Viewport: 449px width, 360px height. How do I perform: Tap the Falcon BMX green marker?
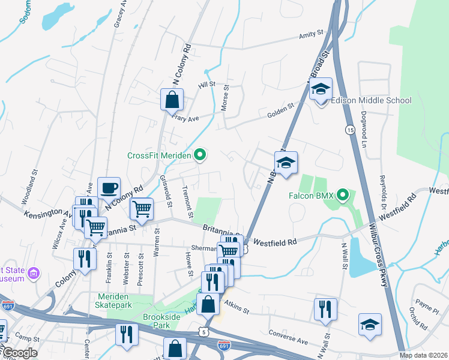(x=343, y=194)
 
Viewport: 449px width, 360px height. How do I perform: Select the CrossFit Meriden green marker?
(x=201, y=155)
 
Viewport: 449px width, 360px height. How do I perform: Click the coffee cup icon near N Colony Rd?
(x=109, y=188)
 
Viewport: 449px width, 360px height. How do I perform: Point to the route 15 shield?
(x=349, y=130)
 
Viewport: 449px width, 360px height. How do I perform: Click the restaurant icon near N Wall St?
(x=325, y=310)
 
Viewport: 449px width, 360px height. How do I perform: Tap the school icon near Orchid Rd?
(x=370, y=325)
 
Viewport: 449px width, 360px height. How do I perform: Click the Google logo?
(x=19, y=352)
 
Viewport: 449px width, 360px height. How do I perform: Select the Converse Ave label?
(x=289, y=337)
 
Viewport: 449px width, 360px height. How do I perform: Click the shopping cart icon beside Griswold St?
(x=141, y=209)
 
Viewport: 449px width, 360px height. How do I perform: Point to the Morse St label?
(x=226, y=95)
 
